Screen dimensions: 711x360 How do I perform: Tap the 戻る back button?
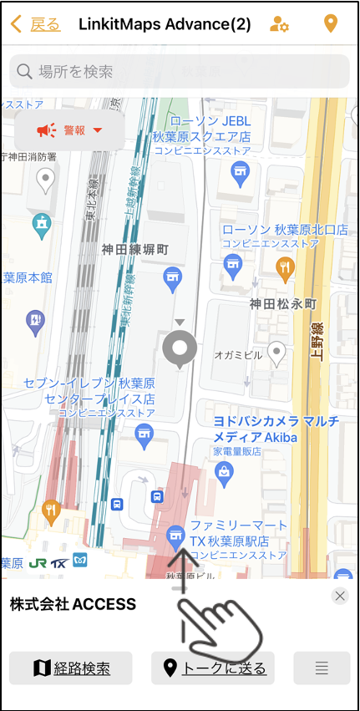(x=37, y=23)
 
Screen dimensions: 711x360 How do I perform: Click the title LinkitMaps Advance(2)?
(x=165, y=23)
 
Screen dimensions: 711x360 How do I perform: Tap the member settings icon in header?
(x=279, y=23)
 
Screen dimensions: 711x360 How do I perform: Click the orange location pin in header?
(x=331, y=23)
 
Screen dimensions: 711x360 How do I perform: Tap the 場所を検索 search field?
(x=180, y=72)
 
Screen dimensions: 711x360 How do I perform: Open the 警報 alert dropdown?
(x=69, y=130)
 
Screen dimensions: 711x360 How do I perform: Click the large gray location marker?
(x=180, y=348)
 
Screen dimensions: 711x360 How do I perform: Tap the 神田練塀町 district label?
(x=135, y=249)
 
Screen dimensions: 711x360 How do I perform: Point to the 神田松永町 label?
(x=283, y=304)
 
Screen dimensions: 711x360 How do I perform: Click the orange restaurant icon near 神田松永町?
(x=286, y=267)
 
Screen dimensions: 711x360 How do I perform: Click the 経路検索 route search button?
(x=71, y=668)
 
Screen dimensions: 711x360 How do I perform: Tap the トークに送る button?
(x=214, y=668)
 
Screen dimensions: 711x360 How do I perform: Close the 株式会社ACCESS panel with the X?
(x=339, y=596)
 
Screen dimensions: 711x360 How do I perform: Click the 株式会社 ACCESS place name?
(x=73, y=604)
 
